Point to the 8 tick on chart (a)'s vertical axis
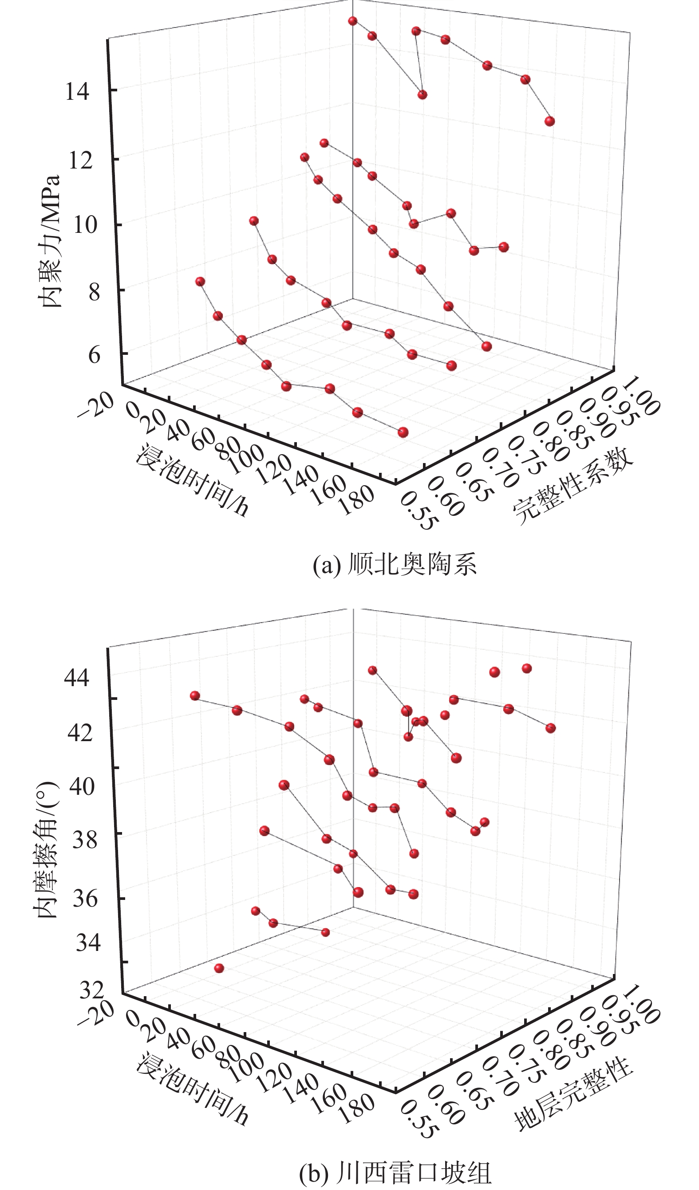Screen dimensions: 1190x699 (x=94, y=292)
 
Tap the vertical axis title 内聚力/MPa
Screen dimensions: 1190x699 (x=51, y=241)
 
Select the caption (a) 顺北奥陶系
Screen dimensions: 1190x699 (x=395, y=564)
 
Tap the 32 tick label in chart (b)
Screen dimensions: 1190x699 (x=92, y=990)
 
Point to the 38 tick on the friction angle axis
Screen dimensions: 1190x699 (x=85, y=840)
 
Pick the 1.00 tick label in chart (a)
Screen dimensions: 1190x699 (x=641, y=396)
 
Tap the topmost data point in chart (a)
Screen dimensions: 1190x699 (x=352, y=21)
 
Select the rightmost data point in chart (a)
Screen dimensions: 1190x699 (x=549, y=122)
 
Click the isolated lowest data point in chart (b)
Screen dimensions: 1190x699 (x=219, y=968)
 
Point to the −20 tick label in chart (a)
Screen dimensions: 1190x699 (x=95, y=405)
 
